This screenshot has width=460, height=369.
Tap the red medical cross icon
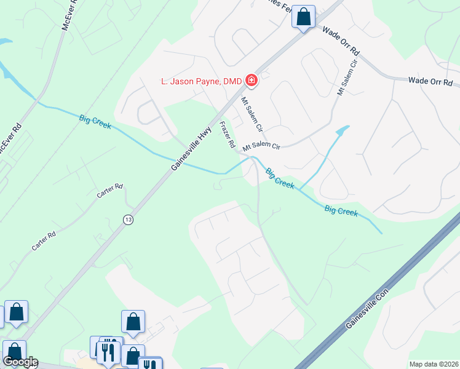pyautogui.click(x=251, y=80)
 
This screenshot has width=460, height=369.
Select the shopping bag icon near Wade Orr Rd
pyautogui.click(x=303, y=17)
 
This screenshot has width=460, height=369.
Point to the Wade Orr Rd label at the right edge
pyautogui.click(x=430, y=81)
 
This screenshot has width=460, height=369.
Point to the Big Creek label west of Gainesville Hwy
pyautogui.click(x=95, y=121)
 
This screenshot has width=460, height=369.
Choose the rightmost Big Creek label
pyautogui.click(x=341, y=212)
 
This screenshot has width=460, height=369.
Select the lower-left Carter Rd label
pyautogui.click(x=44, y=240)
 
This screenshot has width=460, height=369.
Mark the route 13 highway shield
pyautogui.click(x=128, y=220)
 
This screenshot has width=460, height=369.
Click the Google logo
pyautogui.click(x=20, y=362)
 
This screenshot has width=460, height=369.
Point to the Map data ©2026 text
pyautogui.click(x=434, y=364)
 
